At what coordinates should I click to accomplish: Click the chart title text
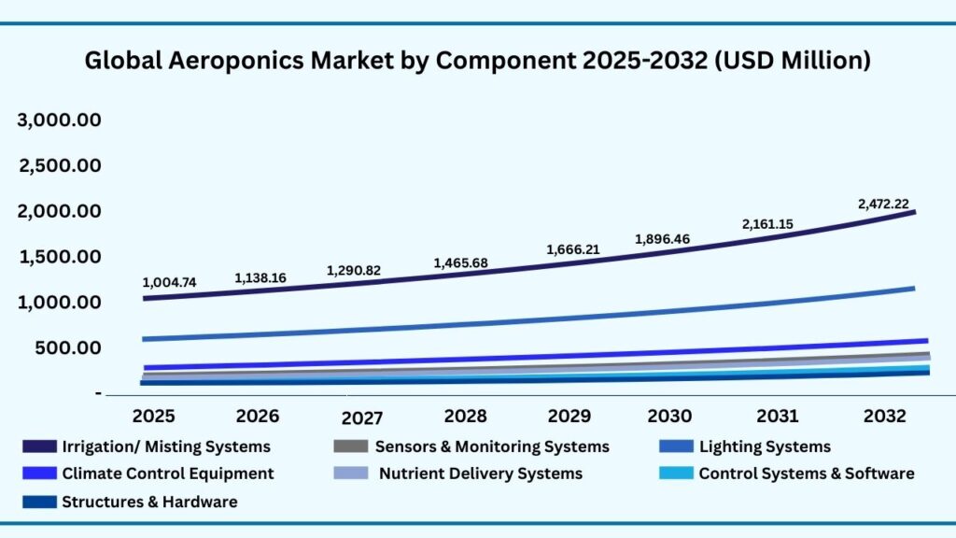478,62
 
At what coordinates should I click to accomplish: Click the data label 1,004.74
169,282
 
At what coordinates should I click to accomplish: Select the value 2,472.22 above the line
883,203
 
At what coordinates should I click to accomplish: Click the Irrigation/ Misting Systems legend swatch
39,446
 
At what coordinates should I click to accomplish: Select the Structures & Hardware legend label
149,502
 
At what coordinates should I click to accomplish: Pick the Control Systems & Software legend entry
806,474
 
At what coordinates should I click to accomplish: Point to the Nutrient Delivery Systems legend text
480,474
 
